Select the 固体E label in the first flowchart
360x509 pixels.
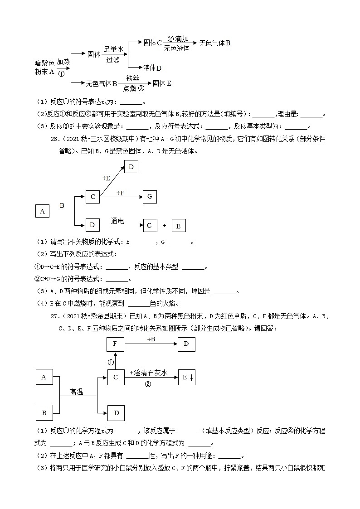point(162,83)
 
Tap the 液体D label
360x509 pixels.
point(152,68)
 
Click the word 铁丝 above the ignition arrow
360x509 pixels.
point(133,78)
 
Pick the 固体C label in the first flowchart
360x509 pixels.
point(153,43)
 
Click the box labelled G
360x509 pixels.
point(150,197)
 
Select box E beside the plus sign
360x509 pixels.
point(178,226)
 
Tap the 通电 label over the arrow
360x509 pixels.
point(117,221)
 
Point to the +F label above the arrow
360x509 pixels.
point(120,193)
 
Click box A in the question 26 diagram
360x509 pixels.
point(42,211)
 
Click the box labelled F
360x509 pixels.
point(115,344)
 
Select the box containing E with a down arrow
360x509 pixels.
point(186,377)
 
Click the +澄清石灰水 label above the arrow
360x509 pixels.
point(149,373)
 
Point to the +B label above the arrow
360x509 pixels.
point(151,339)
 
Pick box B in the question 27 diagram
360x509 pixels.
point(44,413)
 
